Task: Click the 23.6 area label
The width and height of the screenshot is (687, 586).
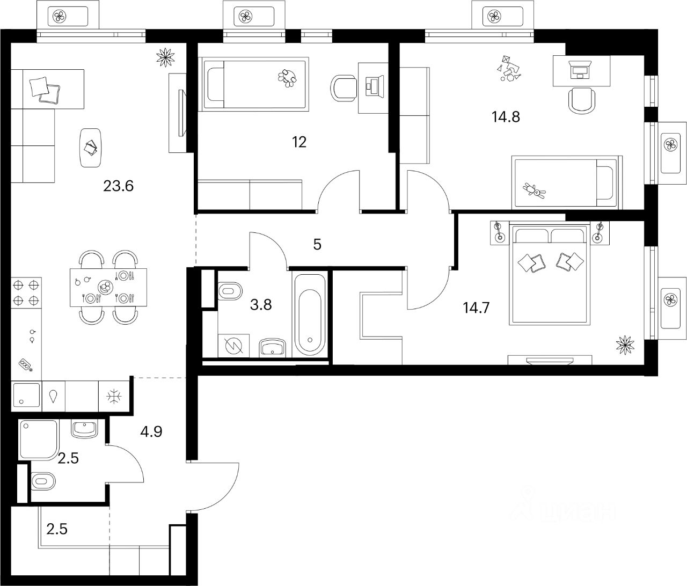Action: tap(118, 186)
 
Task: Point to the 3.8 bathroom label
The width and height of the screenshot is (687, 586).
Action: tap(261, 305)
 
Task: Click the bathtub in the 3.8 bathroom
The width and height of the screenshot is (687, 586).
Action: tap(311, 313)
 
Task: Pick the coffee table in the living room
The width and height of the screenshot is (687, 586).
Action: tap(90, 147)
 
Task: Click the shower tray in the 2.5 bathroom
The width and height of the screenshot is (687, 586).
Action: tap(38, 439)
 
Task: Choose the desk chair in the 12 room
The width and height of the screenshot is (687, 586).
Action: tap(344, 87)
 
